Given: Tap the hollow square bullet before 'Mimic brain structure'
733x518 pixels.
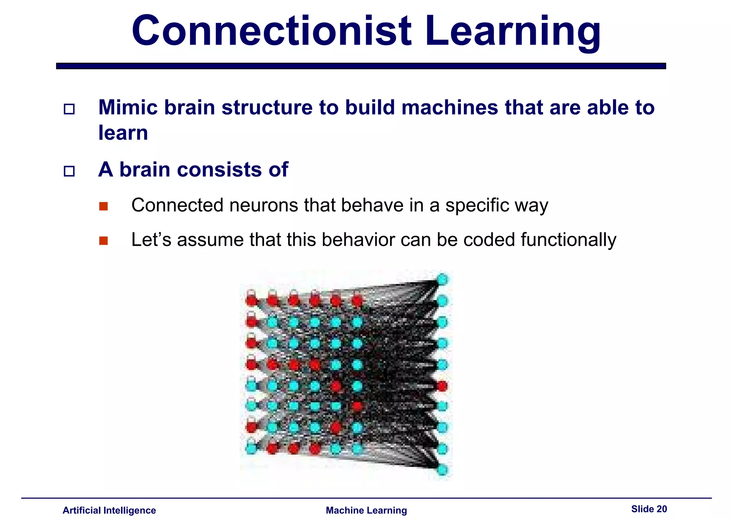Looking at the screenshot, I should pos(69,109).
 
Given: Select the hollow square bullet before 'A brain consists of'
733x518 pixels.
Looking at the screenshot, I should pos(69,171).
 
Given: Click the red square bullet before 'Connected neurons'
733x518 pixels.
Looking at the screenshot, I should pos(103,206).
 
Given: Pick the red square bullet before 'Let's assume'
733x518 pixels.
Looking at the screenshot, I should pos(103,240).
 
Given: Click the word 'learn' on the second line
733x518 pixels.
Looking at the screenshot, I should pos(123,133).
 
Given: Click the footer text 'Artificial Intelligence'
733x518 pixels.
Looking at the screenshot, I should pos(109,510).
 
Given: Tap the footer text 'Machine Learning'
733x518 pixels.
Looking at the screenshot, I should pos(366,510).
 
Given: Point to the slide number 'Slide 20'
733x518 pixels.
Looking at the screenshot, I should pos(649,509).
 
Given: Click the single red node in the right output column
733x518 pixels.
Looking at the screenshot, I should pos(442,386).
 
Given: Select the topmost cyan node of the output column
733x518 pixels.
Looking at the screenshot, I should pos(442,279).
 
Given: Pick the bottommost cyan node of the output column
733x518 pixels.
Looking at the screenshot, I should pos(442,469).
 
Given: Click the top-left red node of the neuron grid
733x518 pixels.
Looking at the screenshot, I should pos(252,300).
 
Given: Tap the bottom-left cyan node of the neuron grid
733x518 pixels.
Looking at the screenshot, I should pos(251,448).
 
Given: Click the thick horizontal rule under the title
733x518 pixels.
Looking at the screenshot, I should pos(361,66).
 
